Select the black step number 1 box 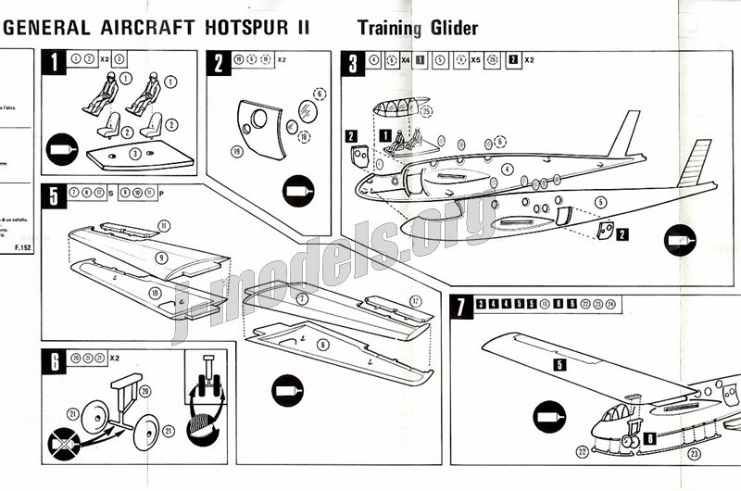tap(57, 62)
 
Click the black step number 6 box tap(57, 360)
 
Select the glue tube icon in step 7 tap(549, 416)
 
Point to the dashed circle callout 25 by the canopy tap(425, 112)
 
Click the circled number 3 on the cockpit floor tap(136, 152)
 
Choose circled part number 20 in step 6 tap(144, 391)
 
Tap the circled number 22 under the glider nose tap(581, 452)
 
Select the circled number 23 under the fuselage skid tap(695, 454)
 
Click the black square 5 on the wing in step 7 tap(559, 365)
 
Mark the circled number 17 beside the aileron tap(416, 301)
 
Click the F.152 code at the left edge tap(22, 248)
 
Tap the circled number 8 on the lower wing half tap(322, 344)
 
